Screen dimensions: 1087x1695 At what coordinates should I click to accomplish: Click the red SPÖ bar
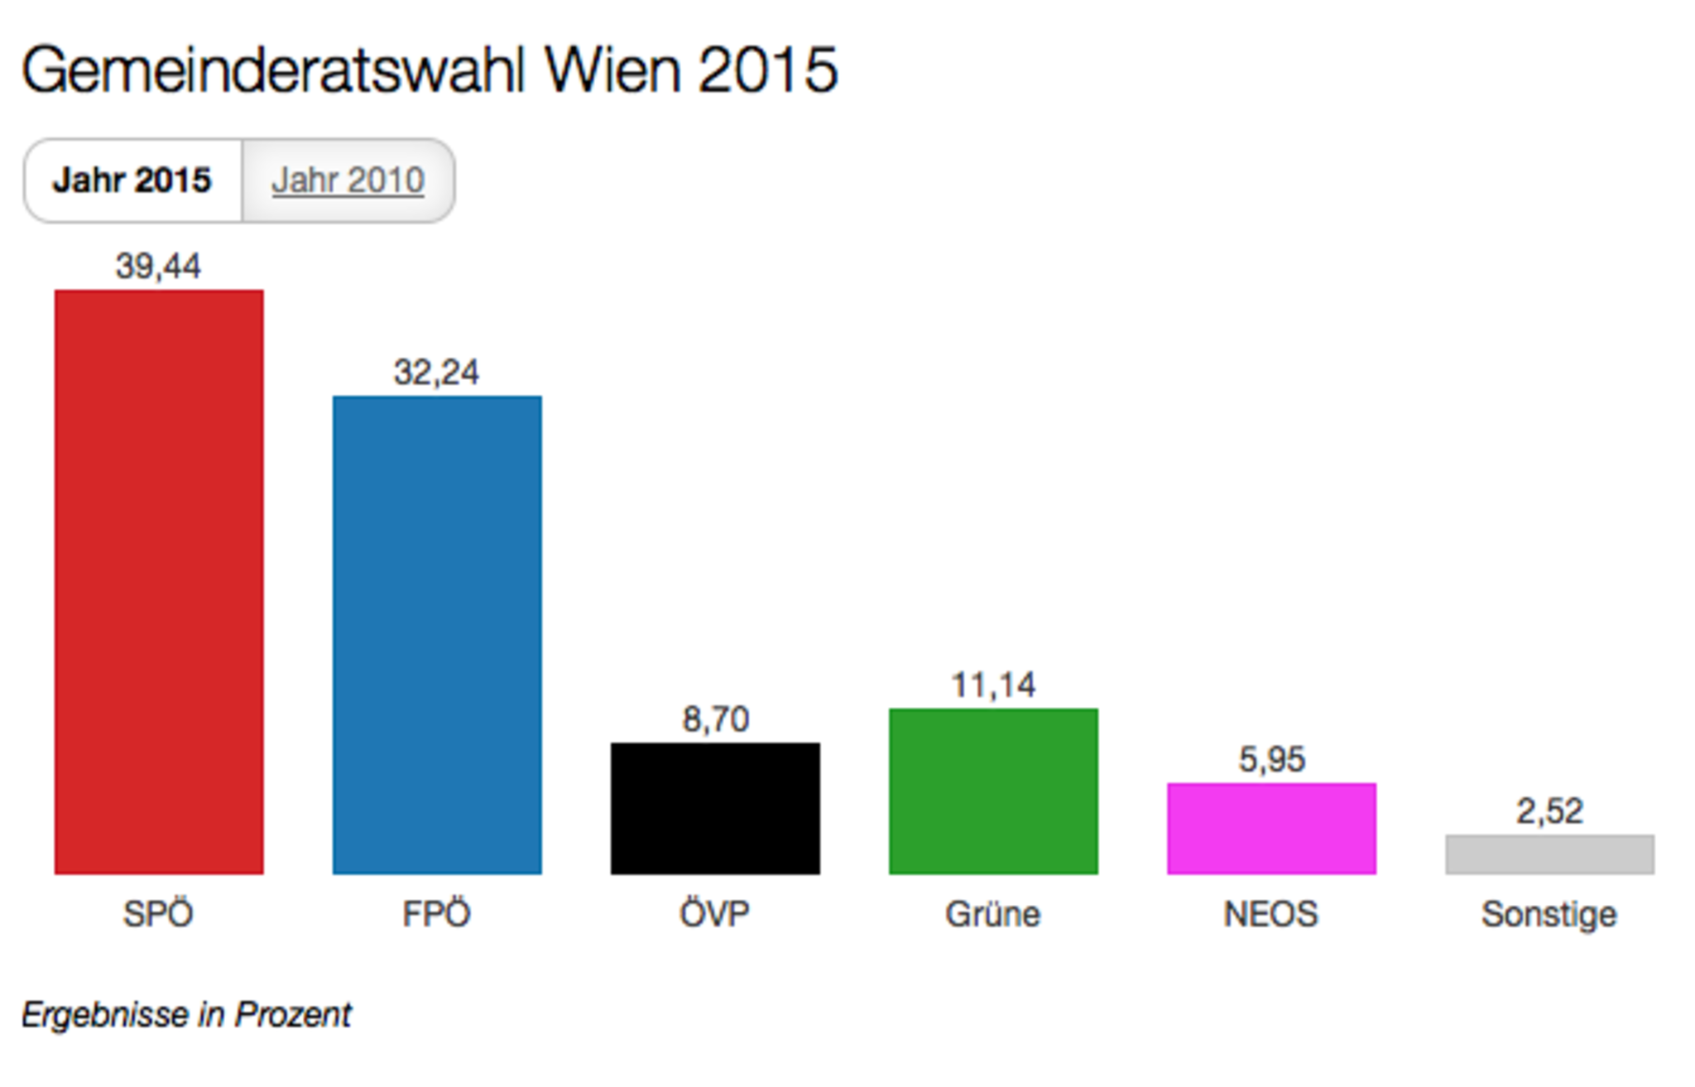(x=159, y=581)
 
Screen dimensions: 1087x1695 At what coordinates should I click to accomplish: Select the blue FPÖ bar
(x=437, y=634)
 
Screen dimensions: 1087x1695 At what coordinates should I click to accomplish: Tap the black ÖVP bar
(x=715, y=808)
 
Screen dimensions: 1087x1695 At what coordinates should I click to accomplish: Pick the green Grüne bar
(x=993, y=791)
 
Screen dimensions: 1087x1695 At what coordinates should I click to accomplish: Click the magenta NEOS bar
(x=1271, y=828)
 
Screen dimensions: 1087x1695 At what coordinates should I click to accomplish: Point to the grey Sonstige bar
(x=1549, y=854)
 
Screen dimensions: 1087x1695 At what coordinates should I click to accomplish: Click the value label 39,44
(x=158, y=267)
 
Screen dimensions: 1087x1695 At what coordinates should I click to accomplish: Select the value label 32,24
(x=436, y=373)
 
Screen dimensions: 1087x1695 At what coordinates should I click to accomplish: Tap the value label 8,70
(x=716, y=719)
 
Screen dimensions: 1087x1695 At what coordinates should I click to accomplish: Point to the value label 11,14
(x=993, y=685)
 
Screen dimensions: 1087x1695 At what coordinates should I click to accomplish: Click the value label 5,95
(x=1272, y=759)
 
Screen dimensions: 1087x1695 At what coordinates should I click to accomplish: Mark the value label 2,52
(x=1549, y=811)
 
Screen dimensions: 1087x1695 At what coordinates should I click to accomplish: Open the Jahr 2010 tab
(x=348, y=180)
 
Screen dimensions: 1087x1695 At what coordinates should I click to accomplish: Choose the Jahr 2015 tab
(x=132, y=180)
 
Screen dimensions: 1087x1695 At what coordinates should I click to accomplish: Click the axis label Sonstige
(x=1549, y=915)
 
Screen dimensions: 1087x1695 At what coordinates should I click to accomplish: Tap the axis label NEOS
(x=1271, y=915)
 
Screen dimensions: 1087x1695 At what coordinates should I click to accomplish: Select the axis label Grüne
(x=993, y=915)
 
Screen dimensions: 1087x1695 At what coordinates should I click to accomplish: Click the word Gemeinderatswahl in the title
(x=273, y=70)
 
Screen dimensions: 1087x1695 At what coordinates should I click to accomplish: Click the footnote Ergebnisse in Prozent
(x=186, y=1015)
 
